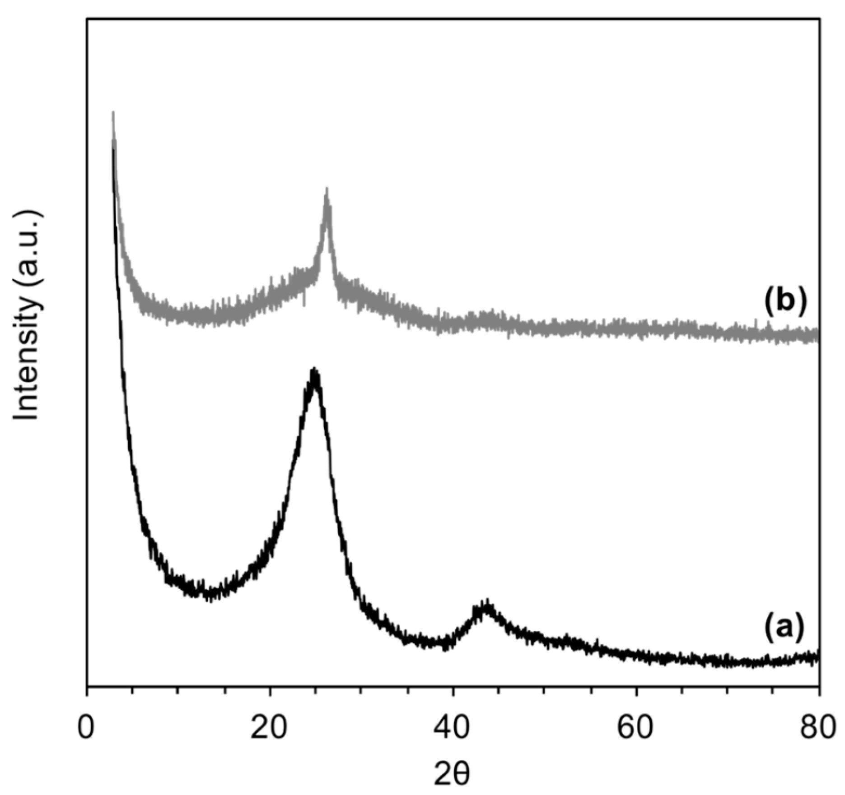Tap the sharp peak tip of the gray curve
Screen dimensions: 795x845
click(x=327, y=190)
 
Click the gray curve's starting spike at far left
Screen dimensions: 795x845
click(x=113, y=113)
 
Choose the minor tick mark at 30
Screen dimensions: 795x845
click(x=361, y=690)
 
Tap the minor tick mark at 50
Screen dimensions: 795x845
click(x=544, y=690)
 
